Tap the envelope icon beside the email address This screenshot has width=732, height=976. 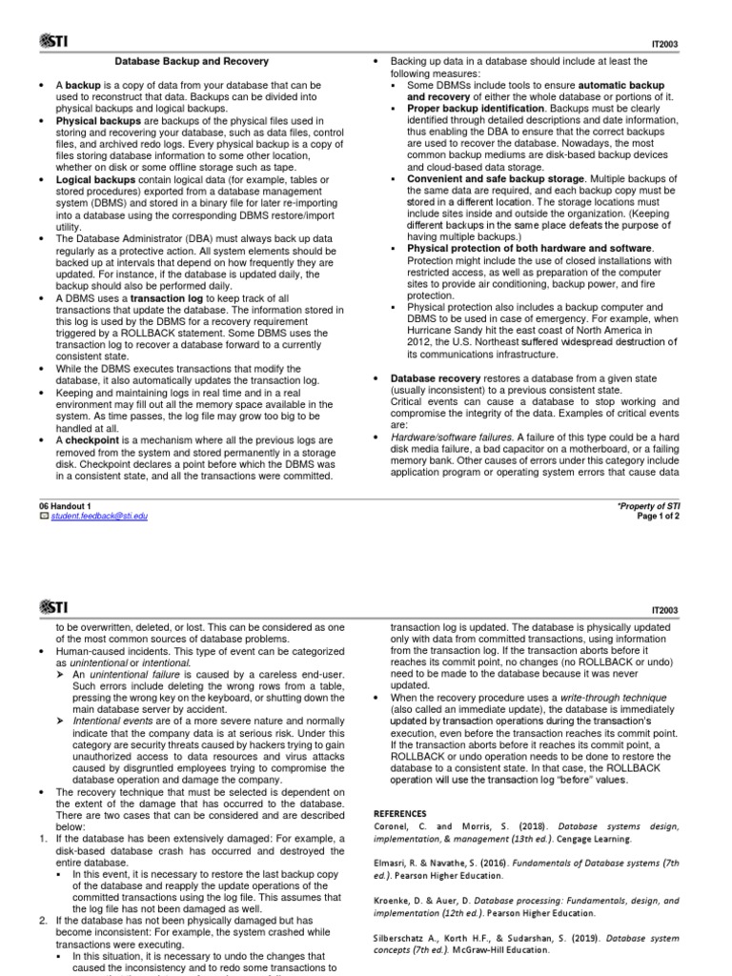(x=42, y=516)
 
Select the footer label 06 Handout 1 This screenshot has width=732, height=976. (x=64, y=505)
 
